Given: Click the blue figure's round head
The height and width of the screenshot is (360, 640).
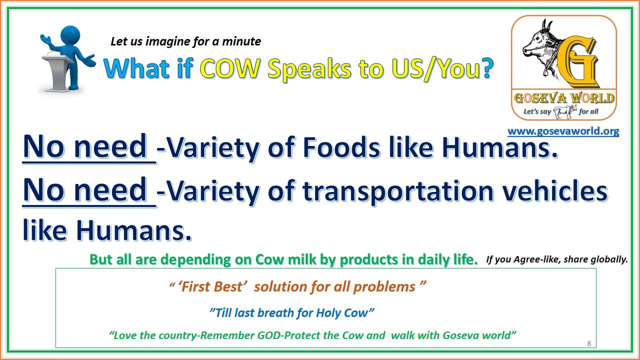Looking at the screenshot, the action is [70, 35].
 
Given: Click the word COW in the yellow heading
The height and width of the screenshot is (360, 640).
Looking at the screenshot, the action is [230, 68].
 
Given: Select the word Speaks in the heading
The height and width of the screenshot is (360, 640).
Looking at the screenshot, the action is [309, 69].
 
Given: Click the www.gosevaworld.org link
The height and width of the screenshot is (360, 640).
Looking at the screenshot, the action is [563, 131].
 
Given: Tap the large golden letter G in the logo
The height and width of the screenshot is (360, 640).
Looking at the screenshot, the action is [577, 61].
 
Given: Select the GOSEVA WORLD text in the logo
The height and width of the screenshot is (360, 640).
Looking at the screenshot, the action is [564, 98].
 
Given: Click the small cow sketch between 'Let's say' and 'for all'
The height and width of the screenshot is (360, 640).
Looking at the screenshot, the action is [565, 111].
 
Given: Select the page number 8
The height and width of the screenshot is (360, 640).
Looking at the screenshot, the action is [589, 343].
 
